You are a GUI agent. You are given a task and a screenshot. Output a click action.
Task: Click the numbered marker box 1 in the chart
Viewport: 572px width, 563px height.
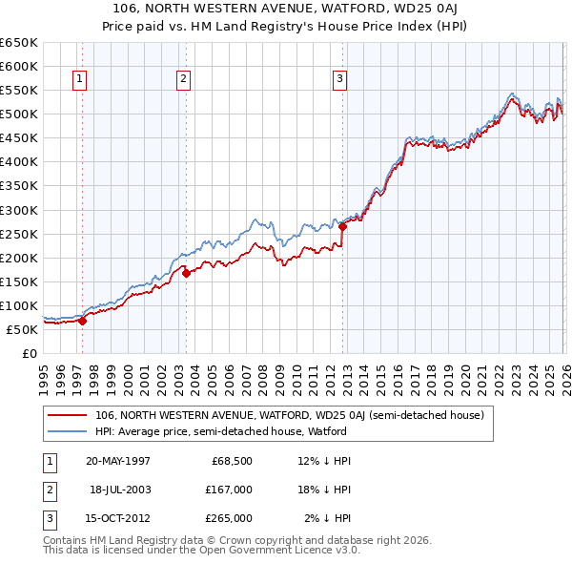(79, 80)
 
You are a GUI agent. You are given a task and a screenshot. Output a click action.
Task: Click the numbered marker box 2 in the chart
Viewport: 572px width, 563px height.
(183, 80)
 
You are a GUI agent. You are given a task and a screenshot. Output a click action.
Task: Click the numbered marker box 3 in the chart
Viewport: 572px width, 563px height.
(340, 80)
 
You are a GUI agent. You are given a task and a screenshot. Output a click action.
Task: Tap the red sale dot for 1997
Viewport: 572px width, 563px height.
(83, 321)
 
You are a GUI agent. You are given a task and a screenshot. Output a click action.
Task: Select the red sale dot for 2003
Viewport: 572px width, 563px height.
(187, 273)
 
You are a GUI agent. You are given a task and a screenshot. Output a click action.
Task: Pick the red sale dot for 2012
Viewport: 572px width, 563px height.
(342, 226)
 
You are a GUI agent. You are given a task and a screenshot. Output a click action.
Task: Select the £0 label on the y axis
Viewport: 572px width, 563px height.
(28, 353)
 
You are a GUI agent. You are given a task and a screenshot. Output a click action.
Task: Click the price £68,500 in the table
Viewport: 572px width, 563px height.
(231, 460)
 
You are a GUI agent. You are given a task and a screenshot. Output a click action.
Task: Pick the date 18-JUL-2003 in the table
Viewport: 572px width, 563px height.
(120, 490)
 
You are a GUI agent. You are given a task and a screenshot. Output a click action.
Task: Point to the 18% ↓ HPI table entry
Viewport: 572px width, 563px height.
(324, 490)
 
